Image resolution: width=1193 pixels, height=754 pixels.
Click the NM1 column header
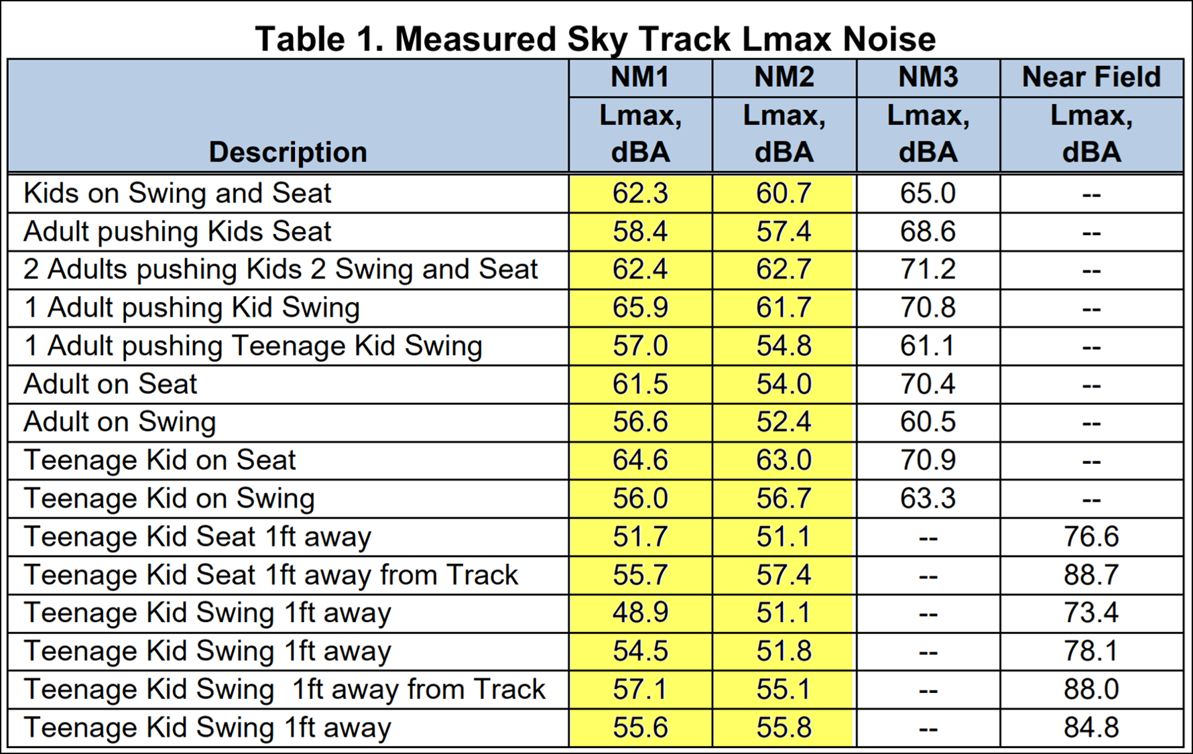pyautogui.click(x=640, y=77)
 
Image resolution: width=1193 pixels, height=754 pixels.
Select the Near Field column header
pyautogui.click(x=1091, y=77)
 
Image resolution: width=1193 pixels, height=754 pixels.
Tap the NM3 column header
pyautogui.click(x=928, y=77)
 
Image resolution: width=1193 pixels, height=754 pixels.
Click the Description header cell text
pyautogui.click(x=288, y=152)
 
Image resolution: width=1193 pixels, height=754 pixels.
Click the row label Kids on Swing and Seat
pyautogui.click(x=178, y=193)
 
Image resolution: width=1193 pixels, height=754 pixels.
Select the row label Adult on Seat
pyautogui.click(x=111, y=384)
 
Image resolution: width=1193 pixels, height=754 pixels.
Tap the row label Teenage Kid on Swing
pyautogui.click(x=170, y=499)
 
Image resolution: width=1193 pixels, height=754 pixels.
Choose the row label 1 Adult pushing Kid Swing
pyautogui.click(x=192, y=308)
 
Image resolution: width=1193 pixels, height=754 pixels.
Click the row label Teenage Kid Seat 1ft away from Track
pyautogui.click(x=271, y=575)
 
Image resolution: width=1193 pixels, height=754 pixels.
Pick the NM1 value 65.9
pyautogui.click(x=640, y=308)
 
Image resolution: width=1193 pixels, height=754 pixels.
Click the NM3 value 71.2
pyautogui.click(x=928, y=269)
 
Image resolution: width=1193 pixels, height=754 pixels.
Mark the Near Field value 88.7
pyautogui.click(x=1091, y=575)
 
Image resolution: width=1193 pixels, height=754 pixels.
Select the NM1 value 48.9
pyautogui.click(x=640, y=613)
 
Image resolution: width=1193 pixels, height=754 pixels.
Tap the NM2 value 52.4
pyautogui.click(x=783, y=422)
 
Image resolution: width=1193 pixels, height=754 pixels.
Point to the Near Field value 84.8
pyautogui.click(x=1091, y=728)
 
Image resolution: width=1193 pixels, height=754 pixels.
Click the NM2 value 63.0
pyautogui.click(x=783, y=460)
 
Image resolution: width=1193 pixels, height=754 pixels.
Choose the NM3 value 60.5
pyautogui.click(x=928, y=422)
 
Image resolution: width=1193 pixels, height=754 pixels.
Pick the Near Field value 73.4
pyautogui.click(x=1091, y=613)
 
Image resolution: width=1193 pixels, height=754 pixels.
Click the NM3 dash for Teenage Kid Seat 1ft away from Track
pyautogui.click(x=928, y=576)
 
